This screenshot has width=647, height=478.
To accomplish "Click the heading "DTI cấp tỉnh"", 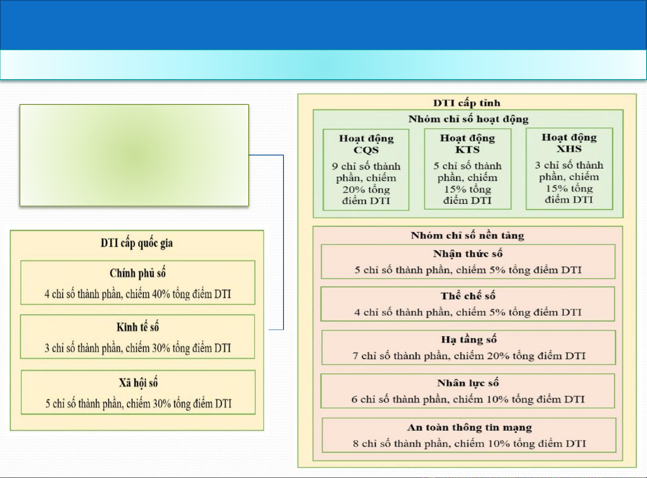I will pos(467,103).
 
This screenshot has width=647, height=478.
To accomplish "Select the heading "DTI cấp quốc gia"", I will pos(137,243).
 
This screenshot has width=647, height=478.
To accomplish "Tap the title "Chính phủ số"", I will pos(138,273).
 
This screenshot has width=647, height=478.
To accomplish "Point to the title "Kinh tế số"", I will pos(138,327).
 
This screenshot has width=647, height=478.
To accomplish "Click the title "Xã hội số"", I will pos(138,383).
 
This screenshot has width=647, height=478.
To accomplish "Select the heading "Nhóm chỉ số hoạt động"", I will pos(468,119).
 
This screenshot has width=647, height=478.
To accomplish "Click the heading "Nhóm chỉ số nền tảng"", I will pos(468,235).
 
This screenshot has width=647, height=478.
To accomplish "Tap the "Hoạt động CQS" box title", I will pos(366,144).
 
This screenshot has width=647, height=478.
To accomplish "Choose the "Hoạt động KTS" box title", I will pos(468,143).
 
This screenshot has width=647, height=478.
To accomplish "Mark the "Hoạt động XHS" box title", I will pos(569,143).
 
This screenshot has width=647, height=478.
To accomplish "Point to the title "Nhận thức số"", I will pos(468,253).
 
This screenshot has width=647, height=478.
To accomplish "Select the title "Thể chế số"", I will pos(468,296).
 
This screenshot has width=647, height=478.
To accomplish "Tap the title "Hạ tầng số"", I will pos(469,340).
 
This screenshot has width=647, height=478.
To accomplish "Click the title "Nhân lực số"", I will pos(468,383).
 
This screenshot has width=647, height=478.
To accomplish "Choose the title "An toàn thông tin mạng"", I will pos(469,427).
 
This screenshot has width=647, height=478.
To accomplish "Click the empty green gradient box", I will pos(134,155).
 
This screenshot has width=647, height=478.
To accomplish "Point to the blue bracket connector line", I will pos(284,242).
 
